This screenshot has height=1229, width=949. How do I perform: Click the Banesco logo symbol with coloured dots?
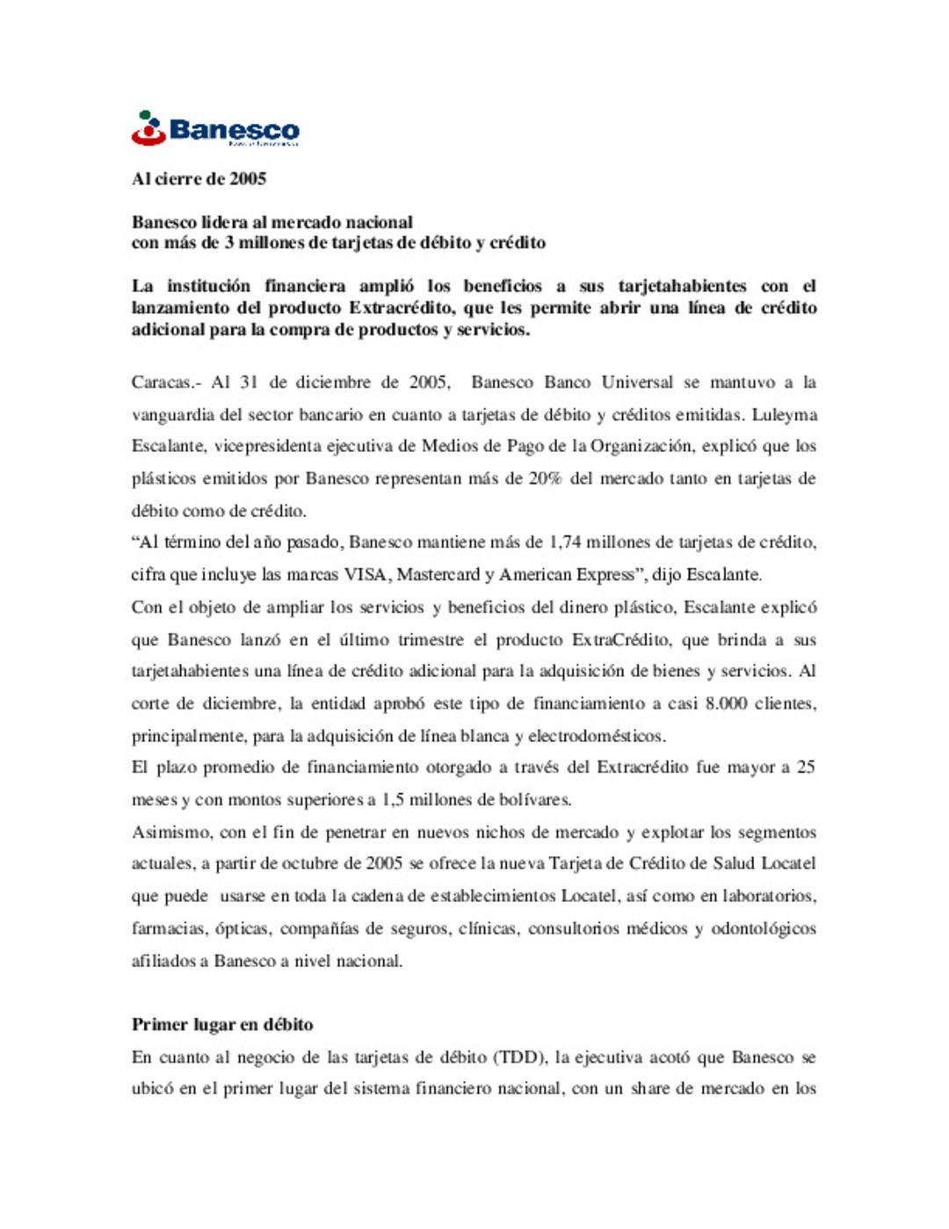pos(149,128)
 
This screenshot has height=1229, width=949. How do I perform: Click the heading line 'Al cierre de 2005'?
pos(199,179)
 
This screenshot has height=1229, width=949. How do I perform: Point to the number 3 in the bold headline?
pos(229,244)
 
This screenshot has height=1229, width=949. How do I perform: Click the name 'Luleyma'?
pos(785,415)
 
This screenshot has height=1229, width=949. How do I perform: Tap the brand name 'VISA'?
pos(365,575)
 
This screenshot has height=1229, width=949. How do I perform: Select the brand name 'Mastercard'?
pos(438,575)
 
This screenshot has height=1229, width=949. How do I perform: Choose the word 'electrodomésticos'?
pos(596,736)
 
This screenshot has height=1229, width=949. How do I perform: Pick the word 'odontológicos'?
pos(764,928)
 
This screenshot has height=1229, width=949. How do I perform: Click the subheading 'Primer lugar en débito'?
pos(222,1025)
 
